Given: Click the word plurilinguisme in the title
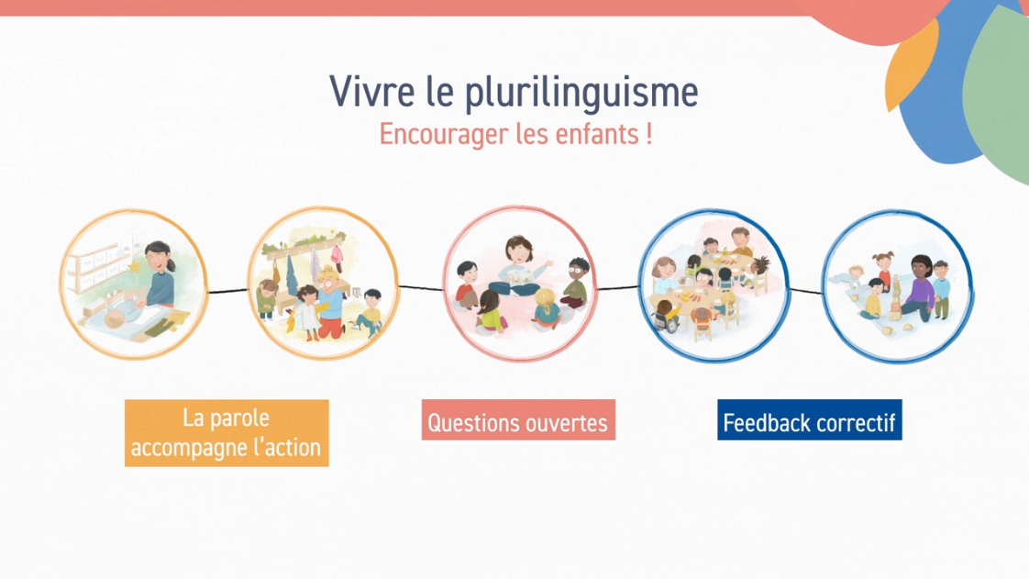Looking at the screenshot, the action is [581, 94].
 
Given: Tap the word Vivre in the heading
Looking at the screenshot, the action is [371, 91].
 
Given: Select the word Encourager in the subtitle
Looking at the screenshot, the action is [444, 135].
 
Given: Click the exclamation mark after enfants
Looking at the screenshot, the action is [649, 133].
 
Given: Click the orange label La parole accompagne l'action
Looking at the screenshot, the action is [227, 433].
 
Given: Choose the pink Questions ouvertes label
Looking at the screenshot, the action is [518, 420].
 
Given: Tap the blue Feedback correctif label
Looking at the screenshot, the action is [810, 420].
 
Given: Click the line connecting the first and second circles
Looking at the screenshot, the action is [227, 291].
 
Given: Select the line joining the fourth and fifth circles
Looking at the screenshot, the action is [805, 291].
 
